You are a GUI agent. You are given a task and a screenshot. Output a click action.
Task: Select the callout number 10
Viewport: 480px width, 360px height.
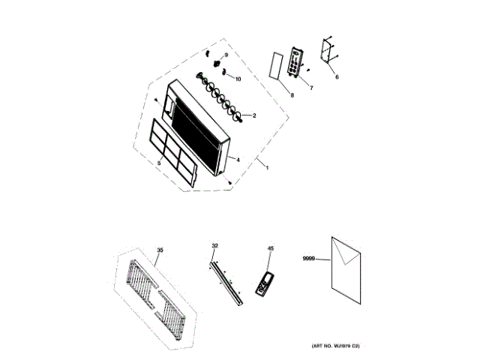click(x=238, y=79)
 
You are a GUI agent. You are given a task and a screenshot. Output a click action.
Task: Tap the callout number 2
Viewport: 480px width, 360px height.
click(x=254, y=115)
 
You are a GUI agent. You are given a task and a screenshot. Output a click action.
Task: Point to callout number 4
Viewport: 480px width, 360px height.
click(x=238, y=159)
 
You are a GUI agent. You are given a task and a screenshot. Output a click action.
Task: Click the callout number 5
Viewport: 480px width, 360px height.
click(x=159, y=162)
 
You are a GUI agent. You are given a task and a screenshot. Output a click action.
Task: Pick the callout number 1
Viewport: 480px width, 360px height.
click(x=267, y=166)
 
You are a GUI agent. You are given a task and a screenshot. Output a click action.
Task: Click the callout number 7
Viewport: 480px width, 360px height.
click(x=311, y=88)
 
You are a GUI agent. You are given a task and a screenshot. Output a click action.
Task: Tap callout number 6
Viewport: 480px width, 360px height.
click(x=337, y=76)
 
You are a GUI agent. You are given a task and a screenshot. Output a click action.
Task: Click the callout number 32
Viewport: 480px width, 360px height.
click(x=214, y=246)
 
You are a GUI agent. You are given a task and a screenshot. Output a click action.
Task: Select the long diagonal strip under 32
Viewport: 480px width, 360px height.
click(x=227, y=283)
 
